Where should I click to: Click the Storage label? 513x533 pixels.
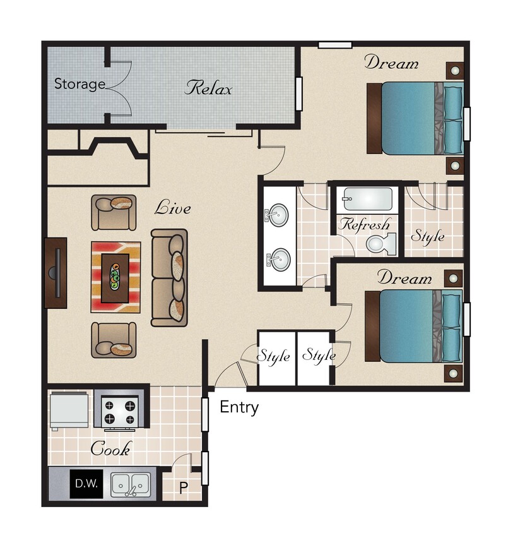79,84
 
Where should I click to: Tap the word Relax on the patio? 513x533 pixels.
208,88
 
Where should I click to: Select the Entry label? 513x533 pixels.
239,407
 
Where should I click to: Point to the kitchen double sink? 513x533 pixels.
131,485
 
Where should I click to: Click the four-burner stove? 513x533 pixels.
119,409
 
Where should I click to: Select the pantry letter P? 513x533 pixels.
184,488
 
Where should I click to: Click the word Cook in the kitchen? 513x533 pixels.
110,449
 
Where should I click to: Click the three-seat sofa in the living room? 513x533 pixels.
169,278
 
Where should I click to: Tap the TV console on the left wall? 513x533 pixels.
56,272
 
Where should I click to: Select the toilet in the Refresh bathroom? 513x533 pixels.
382,243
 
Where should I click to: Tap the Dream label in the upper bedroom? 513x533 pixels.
391,63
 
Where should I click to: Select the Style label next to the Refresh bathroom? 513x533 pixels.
427,237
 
